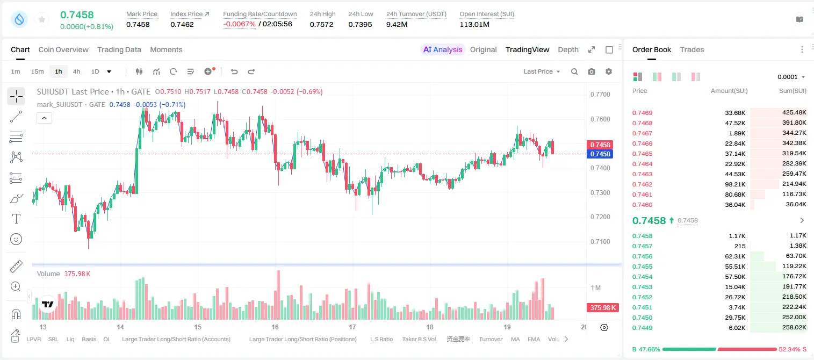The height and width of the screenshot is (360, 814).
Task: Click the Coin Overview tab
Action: coord(63,49)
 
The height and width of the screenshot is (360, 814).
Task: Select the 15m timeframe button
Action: coord(37,71)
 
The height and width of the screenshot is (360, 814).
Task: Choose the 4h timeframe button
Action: coord(76,71)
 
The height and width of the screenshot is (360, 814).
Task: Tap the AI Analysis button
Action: coord(443,49)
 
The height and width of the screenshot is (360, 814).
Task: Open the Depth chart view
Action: coord(568,49)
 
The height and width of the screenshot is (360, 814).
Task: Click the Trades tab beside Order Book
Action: coord(692,49)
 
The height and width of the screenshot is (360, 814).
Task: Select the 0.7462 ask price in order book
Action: coord(642,184)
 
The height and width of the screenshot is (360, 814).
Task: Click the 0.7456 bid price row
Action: coord(642,256)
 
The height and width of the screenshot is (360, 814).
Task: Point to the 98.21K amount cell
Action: coord(735,184)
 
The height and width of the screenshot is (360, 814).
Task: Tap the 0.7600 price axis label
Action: coord(600,119)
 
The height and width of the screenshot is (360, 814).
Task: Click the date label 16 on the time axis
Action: coord(275,327)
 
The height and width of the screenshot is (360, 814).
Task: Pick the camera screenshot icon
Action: coord(591,71)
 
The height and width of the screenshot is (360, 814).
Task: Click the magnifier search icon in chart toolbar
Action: coord(574,71)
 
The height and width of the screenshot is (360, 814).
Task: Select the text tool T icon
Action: coord(16,219)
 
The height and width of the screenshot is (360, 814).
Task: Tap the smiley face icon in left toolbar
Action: coord(16,239)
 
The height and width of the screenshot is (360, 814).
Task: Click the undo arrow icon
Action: coord(234,71)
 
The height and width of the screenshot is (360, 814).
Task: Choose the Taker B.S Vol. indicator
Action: coord(419,339)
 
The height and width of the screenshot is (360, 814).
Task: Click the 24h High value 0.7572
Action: coord(321,24)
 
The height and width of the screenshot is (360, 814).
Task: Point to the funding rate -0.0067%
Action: coord(239,24)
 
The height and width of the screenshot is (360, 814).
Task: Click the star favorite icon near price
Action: coord(42,19)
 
